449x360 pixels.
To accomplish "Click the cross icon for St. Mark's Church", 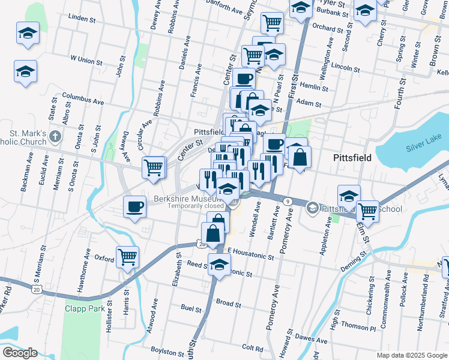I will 55,136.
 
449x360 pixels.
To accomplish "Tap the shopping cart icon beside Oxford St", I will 128,258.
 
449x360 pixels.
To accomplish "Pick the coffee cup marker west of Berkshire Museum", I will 134,208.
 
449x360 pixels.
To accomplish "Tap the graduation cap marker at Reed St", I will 220,264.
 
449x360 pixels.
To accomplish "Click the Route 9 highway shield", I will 288,201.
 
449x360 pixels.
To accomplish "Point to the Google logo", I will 20,353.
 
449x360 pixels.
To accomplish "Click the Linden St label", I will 83,19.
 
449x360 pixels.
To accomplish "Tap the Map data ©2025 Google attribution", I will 411,355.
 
